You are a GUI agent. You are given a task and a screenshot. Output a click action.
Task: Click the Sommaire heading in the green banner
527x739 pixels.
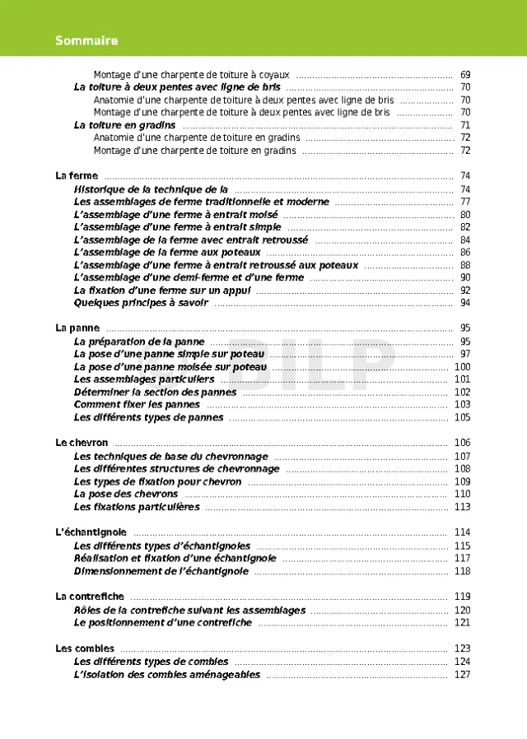click(x=86, y=40)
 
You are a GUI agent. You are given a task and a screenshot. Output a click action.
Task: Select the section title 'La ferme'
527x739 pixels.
click(x=77, y=176)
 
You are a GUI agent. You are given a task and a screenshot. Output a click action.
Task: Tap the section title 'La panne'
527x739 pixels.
click(x=77, y=328)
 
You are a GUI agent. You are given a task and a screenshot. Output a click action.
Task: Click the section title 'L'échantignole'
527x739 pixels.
click(x=91, y=532)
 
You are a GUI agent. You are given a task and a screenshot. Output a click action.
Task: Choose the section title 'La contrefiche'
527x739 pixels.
click(x=90, y=597)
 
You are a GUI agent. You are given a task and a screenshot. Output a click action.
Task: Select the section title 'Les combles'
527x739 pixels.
click(x=85, y=648)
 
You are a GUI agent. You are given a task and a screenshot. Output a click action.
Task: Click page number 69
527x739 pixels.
click(x=465, y=74)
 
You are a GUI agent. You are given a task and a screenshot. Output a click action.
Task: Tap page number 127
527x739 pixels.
click(x=462, y=675)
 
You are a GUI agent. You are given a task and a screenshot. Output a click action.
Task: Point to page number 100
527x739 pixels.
click(x=462, y=367)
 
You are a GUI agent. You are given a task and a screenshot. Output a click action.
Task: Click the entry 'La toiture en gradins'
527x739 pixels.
click(x=124, y=125)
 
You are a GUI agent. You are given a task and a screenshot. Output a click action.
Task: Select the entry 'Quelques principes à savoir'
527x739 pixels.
click(x=141, y=303)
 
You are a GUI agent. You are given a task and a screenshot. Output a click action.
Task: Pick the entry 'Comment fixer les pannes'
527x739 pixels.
click(x=137, y=405)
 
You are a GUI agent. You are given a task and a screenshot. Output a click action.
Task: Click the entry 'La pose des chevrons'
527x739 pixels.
click(x=126, y=495)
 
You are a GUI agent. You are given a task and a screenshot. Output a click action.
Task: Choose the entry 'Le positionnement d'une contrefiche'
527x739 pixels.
click(x=163, y=623)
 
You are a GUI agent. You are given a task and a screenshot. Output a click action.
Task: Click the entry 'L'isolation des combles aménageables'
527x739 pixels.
click(x=167, y=675)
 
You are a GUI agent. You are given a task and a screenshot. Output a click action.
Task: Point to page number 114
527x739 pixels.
click(x=462, y=532)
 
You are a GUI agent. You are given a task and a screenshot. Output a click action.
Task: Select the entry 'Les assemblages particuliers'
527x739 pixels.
click(x=144, y=379)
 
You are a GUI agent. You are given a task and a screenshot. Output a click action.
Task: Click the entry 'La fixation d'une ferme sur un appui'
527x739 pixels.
click(x=161, y=290)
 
